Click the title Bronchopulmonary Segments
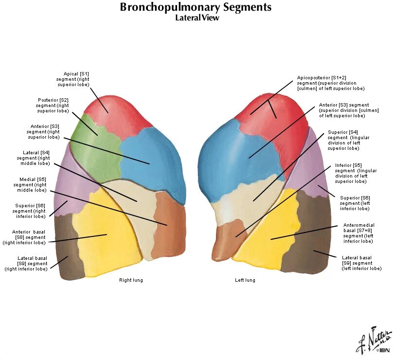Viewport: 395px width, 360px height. coord(196,7)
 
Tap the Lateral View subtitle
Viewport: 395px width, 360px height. coord(197,18)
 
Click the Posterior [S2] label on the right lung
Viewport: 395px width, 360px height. coord(53,105)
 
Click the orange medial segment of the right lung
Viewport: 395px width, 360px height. coord(168,224)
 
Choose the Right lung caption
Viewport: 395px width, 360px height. coord(131,280)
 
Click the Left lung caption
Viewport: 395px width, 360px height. coord(245,280)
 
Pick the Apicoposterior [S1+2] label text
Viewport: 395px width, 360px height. coord(331,83)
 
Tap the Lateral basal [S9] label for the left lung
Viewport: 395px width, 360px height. coord(360,263)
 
